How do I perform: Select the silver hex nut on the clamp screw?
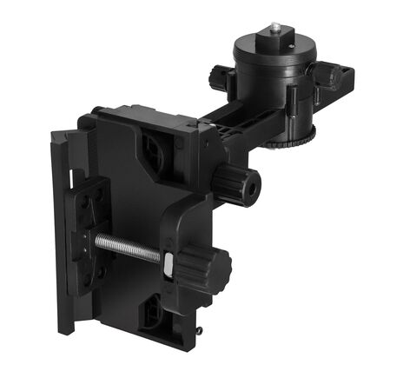pos(167,258)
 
